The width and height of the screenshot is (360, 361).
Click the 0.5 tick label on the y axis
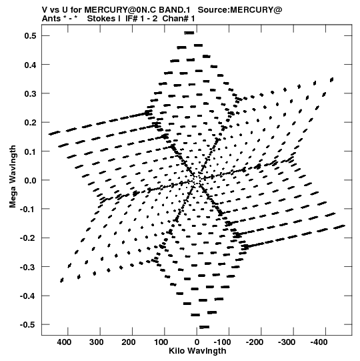(x=31, y=36)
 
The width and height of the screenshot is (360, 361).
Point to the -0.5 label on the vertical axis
(x=28, y=325)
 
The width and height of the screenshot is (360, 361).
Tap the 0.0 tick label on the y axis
(x=31, y=180)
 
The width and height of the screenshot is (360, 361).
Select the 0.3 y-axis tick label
(x=31, y=93)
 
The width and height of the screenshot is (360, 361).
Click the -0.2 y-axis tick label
(x=28, y=238)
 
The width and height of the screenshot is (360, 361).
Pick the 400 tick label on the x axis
(x=64, y=342)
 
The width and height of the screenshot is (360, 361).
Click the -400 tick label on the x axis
(x=319, y=342)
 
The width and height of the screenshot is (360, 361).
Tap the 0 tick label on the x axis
(x=197, y=342)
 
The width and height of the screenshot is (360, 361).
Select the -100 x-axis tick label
(x=222, y=342)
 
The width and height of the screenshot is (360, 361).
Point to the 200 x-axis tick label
(x=129, y=342)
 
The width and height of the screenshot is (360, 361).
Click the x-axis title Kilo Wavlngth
(x=197, y=351)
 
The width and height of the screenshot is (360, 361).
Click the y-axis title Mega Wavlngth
(x=13, y=177)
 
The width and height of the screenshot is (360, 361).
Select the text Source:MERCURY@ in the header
(x=240, y=10)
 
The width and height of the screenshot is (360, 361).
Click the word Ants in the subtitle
(x=51, y=19)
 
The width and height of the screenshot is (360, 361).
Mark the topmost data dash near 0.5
(x=189, y=33)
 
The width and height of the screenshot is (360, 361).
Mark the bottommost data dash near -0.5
(x=204, y=327)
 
